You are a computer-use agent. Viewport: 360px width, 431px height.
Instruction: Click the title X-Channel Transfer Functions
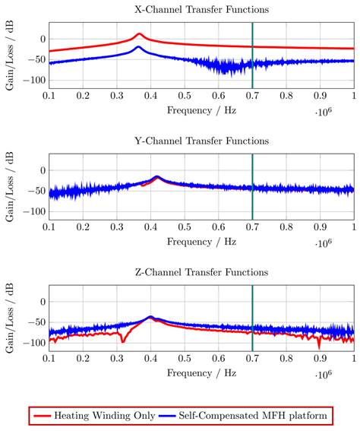201,10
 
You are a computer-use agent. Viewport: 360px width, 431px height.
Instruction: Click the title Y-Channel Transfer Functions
201,141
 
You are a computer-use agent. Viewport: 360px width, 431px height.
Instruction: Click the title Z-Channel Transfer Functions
201,273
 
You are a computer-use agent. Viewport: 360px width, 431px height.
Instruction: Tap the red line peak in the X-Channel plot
139,34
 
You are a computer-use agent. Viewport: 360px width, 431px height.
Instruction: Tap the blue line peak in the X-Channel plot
138,47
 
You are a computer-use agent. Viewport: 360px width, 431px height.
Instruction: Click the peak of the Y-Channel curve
157,177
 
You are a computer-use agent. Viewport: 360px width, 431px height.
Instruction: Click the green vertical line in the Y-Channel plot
252,187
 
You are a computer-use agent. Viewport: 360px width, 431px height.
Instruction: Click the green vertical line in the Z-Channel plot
252,318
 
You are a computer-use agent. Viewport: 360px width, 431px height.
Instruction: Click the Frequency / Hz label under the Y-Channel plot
201,242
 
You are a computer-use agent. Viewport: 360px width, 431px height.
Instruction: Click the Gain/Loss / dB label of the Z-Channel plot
10,318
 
